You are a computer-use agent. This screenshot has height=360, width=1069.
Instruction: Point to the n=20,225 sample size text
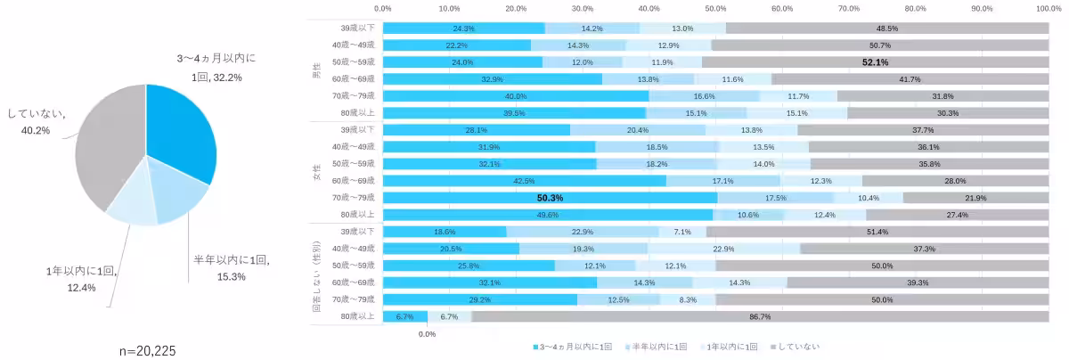(x=147, y=351)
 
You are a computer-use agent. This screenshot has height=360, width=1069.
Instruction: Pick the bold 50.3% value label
(x=550, y=198)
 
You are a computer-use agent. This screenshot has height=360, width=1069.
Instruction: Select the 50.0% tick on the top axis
(x=715, y=8)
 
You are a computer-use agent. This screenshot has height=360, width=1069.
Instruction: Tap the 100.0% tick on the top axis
(x=1049, y=8)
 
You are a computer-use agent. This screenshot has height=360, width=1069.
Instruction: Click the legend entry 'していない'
(x=798, y=346)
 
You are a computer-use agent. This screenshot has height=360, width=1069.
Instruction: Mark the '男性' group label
(x=316, y=70)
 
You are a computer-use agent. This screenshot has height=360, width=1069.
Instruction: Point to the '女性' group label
(x=316, y=173)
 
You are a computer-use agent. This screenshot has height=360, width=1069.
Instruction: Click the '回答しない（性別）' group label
(x=316, y=274)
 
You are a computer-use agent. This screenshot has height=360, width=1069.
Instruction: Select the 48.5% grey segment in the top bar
(x=885, y=29)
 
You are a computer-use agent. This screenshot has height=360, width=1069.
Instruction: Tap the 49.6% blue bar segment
(x=548, y=215)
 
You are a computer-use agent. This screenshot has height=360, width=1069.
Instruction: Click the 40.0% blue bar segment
(x=516, y=96)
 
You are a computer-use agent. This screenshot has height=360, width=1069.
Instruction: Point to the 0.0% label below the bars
(x=427, y=334)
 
